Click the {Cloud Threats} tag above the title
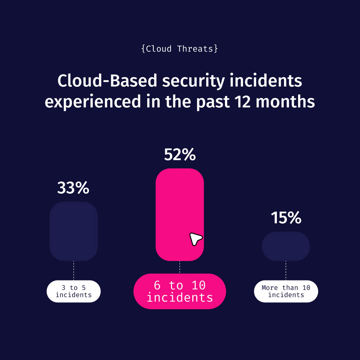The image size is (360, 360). click(180, 49)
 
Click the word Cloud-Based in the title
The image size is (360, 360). click(107, 81)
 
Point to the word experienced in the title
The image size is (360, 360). click(92, 102)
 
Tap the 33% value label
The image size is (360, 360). click(73, 188)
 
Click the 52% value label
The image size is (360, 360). click(180, 155)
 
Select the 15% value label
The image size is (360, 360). click(286, 218)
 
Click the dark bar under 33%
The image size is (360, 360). click(73, 231)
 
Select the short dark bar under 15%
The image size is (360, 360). click(286, 246)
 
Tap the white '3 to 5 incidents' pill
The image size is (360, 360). click(73, 291)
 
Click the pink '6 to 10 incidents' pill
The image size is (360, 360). click(180, 291)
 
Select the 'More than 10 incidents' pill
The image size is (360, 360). click(286, 291)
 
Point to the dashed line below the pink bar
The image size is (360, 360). click(180, 267)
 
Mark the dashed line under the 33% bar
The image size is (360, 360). click(73, 270)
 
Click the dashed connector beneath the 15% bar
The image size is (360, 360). click(286, 270)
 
